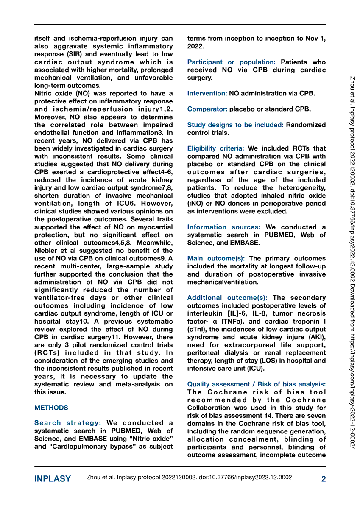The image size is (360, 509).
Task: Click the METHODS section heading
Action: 51,408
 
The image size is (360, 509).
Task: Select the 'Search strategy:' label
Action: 67,423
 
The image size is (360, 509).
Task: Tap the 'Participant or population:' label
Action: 232,62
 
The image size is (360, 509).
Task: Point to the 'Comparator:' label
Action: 207,109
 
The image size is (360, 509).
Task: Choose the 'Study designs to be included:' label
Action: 235,125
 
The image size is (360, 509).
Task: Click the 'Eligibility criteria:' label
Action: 215,148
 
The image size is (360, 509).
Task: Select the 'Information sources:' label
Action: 224,227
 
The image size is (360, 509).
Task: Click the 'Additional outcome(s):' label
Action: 227,298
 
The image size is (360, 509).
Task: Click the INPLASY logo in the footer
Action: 53,479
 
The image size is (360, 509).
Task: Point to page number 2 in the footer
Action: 324,479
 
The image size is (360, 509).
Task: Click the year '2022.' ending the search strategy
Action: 195,46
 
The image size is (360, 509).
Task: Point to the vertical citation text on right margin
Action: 352,255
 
